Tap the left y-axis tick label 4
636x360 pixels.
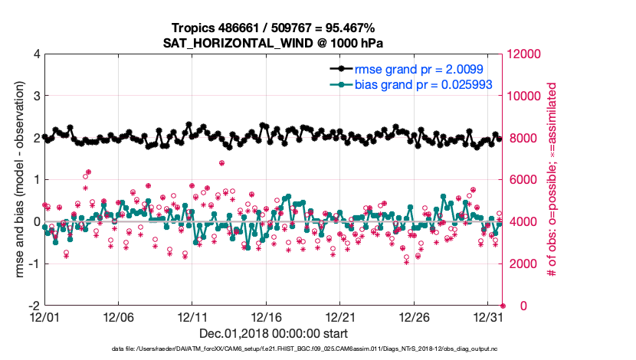tap(35, 54)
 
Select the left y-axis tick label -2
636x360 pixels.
tap(33, 306)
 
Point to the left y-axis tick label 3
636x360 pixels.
tap(35, 97)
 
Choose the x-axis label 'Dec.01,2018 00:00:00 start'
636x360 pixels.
tap(274, 333)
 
